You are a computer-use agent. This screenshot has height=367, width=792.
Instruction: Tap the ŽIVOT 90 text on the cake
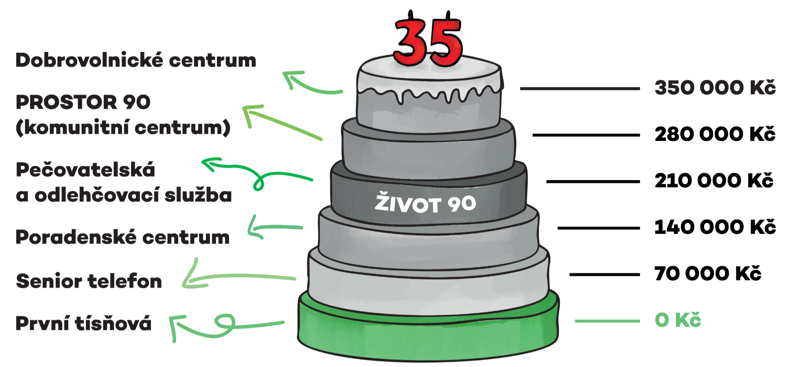425,203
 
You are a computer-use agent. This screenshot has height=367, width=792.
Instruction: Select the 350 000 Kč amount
715,87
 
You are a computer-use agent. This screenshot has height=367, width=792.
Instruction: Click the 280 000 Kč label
715,134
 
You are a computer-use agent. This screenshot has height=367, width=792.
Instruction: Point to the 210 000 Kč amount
714,180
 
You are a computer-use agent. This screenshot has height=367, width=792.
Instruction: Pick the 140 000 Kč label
715,227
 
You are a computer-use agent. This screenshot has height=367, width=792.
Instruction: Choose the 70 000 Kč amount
708,273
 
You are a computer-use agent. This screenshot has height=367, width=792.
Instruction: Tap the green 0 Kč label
678,320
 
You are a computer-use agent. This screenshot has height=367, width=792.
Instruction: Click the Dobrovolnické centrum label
136,61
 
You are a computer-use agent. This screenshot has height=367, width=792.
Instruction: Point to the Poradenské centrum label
122,237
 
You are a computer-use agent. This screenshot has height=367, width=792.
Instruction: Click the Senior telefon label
89,281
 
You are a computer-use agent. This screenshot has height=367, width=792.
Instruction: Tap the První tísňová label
84,323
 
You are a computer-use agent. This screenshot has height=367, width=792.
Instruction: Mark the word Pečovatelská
86,170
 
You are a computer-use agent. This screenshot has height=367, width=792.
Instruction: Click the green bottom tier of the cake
428,336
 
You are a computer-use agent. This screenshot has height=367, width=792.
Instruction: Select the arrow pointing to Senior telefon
238,277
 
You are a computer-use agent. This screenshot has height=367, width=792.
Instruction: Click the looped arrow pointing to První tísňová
226,325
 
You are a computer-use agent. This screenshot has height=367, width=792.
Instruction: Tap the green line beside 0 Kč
607,321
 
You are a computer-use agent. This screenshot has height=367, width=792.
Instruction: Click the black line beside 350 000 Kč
580,89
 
